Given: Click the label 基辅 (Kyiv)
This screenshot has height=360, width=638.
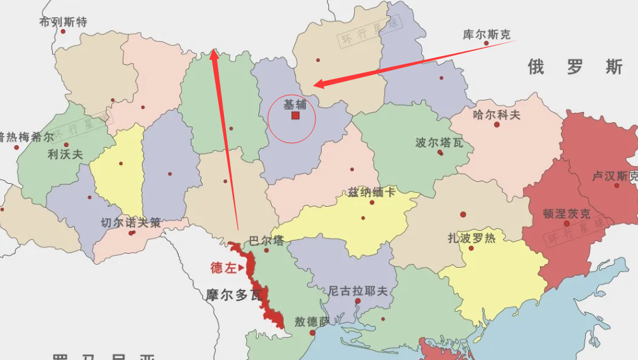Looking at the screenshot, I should click(295, 104).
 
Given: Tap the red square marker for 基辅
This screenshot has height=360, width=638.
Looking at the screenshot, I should click(295, 116).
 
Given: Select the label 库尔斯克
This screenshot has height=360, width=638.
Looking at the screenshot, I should click(486, 34).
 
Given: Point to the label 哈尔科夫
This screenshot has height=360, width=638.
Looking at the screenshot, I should click(496, 114).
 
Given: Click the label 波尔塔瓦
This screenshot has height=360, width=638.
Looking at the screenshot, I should click(439, 142).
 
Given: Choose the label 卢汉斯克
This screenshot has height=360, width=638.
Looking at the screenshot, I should click(614, 175).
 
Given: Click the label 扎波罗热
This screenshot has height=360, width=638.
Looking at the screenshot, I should click(471, 239).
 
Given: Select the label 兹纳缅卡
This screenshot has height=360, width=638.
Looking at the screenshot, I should click(371, 192).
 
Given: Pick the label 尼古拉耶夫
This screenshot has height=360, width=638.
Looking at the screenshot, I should click(357, 291).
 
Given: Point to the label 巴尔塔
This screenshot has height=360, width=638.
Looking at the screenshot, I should click(267, 240).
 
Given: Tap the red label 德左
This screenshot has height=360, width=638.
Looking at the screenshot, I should click(223, 268).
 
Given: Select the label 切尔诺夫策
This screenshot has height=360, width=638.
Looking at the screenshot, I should click(131, 223).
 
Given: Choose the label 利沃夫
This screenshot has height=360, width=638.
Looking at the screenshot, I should click(66, 154).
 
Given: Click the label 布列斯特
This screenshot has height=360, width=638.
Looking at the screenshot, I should click(63, 22).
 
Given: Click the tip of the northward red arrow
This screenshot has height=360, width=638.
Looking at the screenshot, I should click(214, 51).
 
